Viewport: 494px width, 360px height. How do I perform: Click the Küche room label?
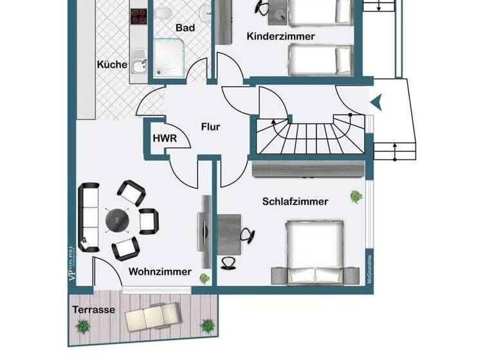click(111, 64)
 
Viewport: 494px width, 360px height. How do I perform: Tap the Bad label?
click(185, 28)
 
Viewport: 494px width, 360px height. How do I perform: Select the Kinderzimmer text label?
click(281, 37)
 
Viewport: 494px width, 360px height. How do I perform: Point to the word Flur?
click(210, 127)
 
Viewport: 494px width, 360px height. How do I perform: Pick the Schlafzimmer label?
click(295, 201)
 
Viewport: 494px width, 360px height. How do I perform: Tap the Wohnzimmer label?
click(160, 272)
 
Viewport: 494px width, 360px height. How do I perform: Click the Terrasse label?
click(94, 309)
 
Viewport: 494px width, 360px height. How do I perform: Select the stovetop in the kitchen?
click(140, 15)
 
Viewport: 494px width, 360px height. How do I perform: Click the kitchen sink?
click(138, 65)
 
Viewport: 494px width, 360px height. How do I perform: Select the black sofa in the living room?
click(88, 219)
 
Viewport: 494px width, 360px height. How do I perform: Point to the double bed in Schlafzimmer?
click(315, 251)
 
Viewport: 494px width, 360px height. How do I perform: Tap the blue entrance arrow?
click(376, 100)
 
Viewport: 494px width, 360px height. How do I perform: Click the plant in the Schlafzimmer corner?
click(355, 195)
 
